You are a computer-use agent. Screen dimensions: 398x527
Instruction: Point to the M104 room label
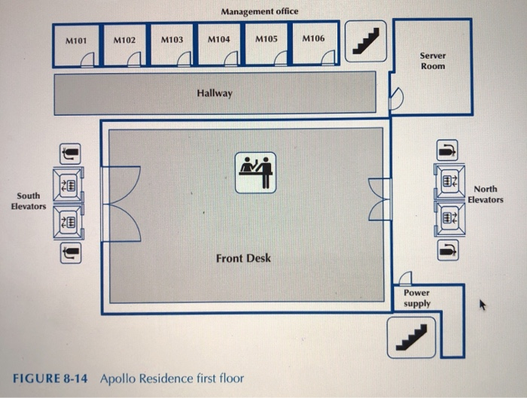(x=218, y=38)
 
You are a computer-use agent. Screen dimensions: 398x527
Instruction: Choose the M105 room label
(x=267, y=38)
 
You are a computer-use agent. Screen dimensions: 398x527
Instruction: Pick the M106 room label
(x=313, y=38)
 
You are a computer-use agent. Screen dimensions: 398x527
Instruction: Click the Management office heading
(x=260, y=11)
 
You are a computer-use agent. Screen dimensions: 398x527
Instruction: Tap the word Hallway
(x=215, y=93)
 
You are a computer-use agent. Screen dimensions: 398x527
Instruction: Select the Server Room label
(x=433, y=61)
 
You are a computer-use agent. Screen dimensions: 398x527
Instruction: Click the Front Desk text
(x=243, y=258)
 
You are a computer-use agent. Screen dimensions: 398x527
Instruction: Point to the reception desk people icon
(x=256, y=172)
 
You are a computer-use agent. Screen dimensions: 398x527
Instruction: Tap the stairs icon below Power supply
(x=411, y=336)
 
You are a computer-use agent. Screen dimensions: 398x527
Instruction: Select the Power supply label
(x=416, y=298)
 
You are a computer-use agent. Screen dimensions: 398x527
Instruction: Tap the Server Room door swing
(x=397, y=98)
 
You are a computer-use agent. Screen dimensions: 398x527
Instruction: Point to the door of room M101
(x=88, y=59)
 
